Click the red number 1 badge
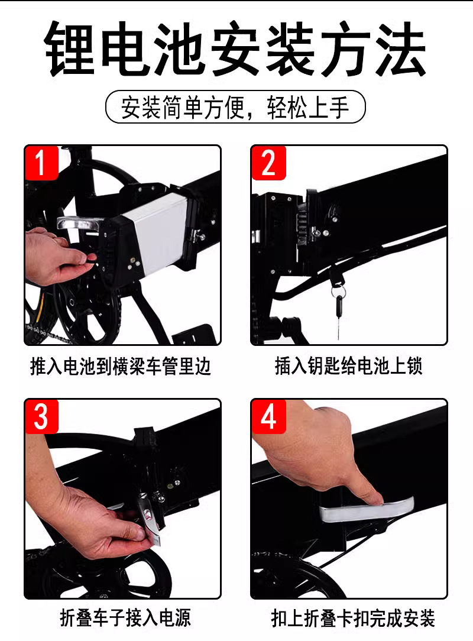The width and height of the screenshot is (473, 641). [41, 162]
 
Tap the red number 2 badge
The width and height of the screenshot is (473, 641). [268, 162]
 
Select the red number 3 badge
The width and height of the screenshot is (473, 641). [41, 416]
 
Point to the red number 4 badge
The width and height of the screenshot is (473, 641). [268, 416]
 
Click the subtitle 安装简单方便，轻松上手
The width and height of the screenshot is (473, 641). [235, 107]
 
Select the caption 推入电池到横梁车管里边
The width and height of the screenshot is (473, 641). [121, 366]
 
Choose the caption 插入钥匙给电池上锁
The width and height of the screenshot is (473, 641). [348, 366]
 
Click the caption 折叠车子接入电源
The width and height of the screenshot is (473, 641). [125, 618]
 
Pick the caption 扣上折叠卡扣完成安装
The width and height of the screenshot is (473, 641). [352, 618]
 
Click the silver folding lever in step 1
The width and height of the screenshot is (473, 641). [80, 224]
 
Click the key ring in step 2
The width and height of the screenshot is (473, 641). [338, 291]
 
